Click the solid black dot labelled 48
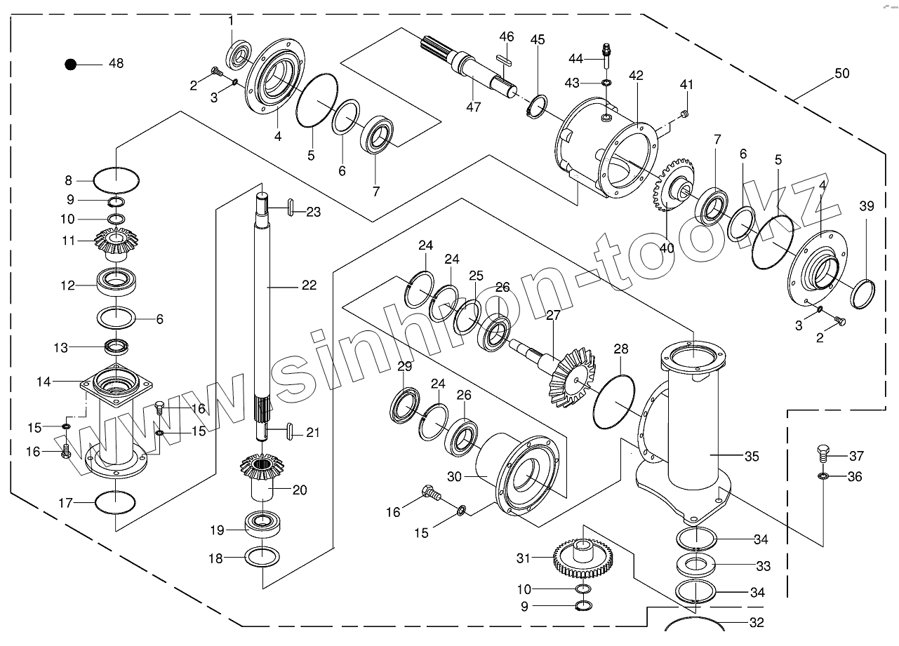click(x=71, y=65)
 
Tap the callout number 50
click(x=842, y=74)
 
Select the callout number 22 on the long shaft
click(x=309, y=285)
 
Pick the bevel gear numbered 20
click(x=262, y=476)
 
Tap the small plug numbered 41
click(x=685, y=115)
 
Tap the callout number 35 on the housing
click(x=752, y=457)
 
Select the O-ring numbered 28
click(x=613, y=402)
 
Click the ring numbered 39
click(x=863, y=294)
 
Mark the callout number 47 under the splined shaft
click(x=474, y=107)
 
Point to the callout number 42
click(x=636, y=76)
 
